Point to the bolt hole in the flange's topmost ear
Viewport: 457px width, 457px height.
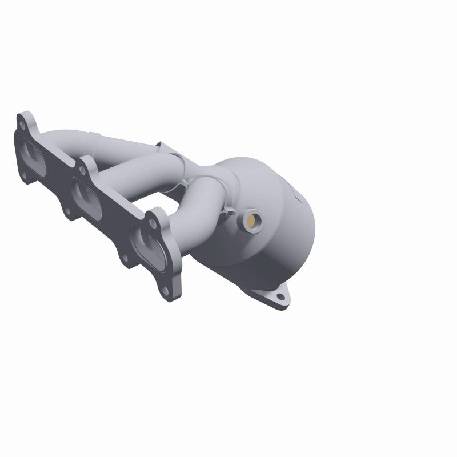[x=22, y=123]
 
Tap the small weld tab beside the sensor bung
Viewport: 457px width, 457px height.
[x=232, y=216]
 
